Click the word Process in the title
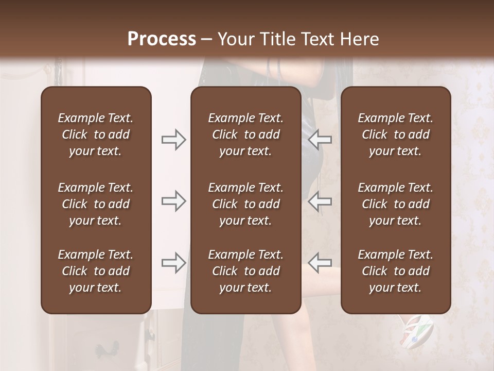click(x=162, y=39)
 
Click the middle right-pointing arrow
click(x=174, y=201)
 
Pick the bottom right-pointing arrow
click(x=174, y=263)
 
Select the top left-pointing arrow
click(x=320, y=139)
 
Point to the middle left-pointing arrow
click(x=320, y=201)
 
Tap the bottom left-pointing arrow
click(x=320, y=263)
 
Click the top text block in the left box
click(x=96, y=134)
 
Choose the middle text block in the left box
click(x=96, y=204)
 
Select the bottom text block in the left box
click(x=96, y=271)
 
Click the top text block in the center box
click(x=246, y=134)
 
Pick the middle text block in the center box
click(x=246, y=204)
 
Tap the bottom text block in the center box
click(x=246, y=271)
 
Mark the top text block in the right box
click(x=396, y=134)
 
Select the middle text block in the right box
click(x=396, y=204)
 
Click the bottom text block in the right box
click(x=396, y=271)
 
